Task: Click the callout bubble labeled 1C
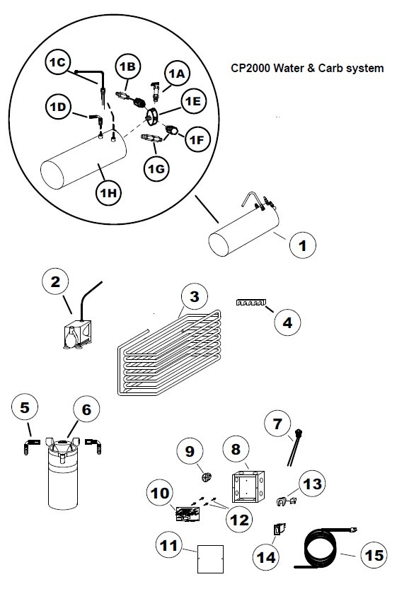57,62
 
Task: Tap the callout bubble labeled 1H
108,193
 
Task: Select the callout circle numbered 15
374,555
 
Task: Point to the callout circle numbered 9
190,450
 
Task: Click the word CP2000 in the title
250,69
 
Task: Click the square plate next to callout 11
211,559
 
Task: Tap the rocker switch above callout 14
280,530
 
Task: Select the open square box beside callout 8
248,486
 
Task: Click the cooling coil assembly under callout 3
169,352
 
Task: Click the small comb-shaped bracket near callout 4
250,303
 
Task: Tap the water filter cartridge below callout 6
63,473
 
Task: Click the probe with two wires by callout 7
294,448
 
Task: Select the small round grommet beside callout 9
207,478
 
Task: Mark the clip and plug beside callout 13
287,501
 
